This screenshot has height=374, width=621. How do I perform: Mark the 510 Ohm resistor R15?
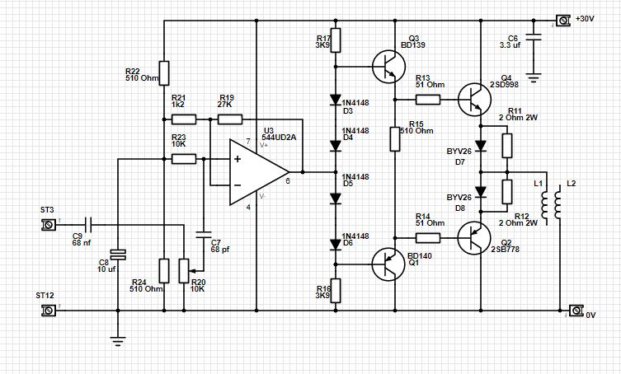click(395, 139)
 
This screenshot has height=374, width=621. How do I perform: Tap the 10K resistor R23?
click(182, 159)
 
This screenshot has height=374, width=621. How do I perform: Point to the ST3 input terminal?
click(50, 224)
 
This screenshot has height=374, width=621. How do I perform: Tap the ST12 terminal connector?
click(50, 311)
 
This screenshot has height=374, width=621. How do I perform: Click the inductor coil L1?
click(543, 201)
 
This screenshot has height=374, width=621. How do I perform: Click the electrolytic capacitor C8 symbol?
click(117, 256)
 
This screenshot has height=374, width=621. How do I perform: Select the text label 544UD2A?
click(275, 137)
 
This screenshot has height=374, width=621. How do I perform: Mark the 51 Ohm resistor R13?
click(428, 100)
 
